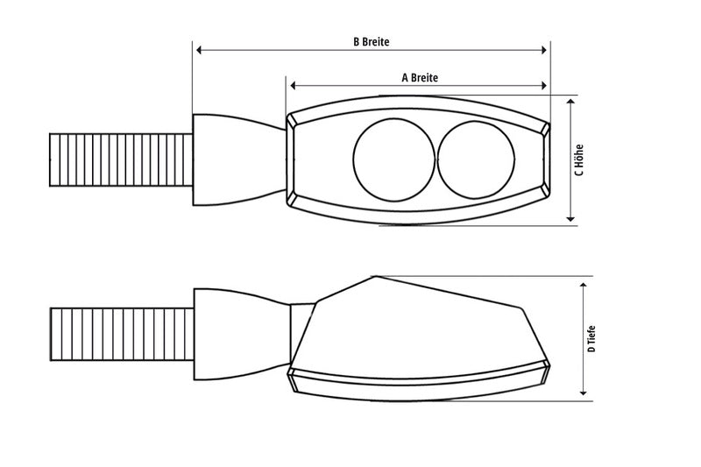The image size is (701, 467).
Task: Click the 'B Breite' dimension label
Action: (371, 41)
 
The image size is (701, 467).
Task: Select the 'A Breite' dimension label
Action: (419, 77)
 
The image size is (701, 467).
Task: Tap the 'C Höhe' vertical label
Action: (579, 159)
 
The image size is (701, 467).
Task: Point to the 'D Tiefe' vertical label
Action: (592, 338)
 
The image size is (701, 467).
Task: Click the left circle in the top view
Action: (393, 159)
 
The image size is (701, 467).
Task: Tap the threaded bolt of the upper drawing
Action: (121, 159)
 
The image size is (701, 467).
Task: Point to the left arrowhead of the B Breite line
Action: (198, 51)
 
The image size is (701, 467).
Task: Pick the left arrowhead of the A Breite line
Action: (293, 86)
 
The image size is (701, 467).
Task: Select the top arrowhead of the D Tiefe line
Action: (584, 284)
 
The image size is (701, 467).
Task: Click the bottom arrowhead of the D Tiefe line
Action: (584, 394)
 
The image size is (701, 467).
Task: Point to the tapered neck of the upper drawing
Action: (237, 159)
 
